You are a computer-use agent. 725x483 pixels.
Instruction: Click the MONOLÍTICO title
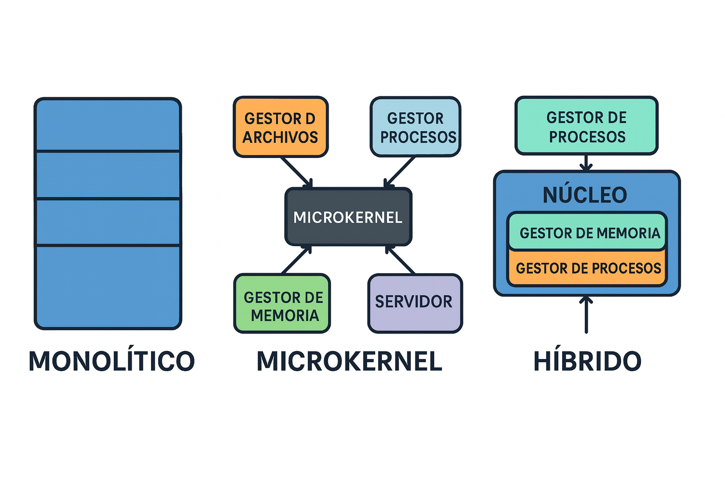pos(111,361)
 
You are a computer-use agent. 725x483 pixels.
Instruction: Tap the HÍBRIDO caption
pos(587,361)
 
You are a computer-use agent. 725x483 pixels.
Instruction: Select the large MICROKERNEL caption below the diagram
pos(349,361)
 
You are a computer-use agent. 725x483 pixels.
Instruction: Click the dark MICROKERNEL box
pos(348,217)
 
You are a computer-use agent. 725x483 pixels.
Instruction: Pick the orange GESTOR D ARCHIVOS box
pos(280,127)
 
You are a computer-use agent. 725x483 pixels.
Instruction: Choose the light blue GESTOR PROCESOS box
pos(415,127)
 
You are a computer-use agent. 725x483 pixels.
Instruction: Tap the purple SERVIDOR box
pos(414,303)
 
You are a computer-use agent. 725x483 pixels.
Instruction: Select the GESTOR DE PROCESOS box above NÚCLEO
pos(586,126)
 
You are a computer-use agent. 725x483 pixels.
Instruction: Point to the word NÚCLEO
pos(585,195)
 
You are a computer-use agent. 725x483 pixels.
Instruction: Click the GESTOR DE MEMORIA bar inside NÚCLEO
pos(587,232)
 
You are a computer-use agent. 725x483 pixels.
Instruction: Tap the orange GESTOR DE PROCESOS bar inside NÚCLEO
pos(587,268)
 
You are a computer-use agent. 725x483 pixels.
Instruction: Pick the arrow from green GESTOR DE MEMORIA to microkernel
pos(296,259)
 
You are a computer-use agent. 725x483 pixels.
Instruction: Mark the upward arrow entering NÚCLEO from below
pos(586,315)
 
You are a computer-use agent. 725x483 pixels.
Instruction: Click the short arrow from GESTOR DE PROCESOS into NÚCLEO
pos(586,163)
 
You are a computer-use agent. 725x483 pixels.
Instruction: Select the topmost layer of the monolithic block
pos(108,125)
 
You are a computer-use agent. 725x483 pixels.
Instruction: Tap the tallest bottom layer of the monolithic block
pos(108,287)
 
